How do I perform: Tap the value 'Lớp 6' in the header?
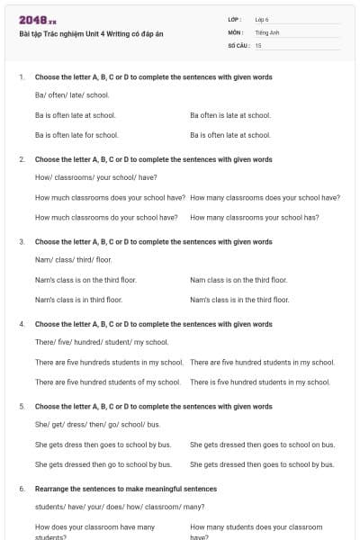[262, 19]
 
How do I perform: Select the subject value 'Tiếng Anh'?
[265, 31]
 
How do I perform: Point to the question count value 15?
[258, 44]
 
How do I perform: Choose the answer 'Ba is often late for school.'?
[76, 135]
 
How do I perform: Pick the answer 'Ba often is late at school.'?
[230, 115]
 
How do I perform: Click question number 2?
[22, 159]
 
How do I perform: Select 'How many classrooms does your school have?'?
[265, 197]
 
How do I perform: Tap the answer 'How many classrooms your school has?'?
[255, 218]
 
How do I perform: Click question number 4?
[22, 324]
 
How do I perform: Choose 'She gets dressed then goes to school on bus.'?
[262, 445]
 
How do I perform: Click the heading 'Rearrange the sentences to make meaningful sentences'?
[126, 489]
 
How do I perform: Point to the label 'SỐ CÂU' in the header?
[238, 44]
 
